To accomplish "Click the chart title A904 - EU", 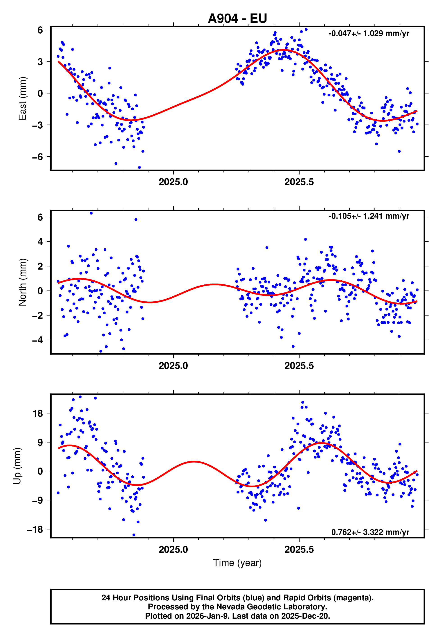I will point(237,18).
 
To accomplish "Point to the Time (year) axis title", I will point(237,563).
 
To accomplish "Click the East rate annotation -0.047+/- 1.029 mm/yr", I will point(369,34).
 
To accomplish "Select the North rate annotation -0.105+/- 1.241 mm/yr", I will point(369,216).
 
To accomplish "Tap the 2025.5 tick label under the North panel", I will point(299,366).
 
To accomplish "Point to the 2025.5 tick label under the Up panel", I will point(299,549).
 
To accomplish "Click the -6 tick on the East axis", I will point(37,157).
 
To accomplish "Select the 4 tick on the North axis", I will point(40,242).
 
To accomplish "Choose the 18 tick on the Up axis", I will point(38,413).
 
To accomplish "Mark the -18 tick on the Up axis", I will point(35,529).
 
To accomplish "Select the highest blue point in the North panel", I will point(91,213).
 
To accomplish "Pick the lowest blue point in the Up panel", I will point(134,535).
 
